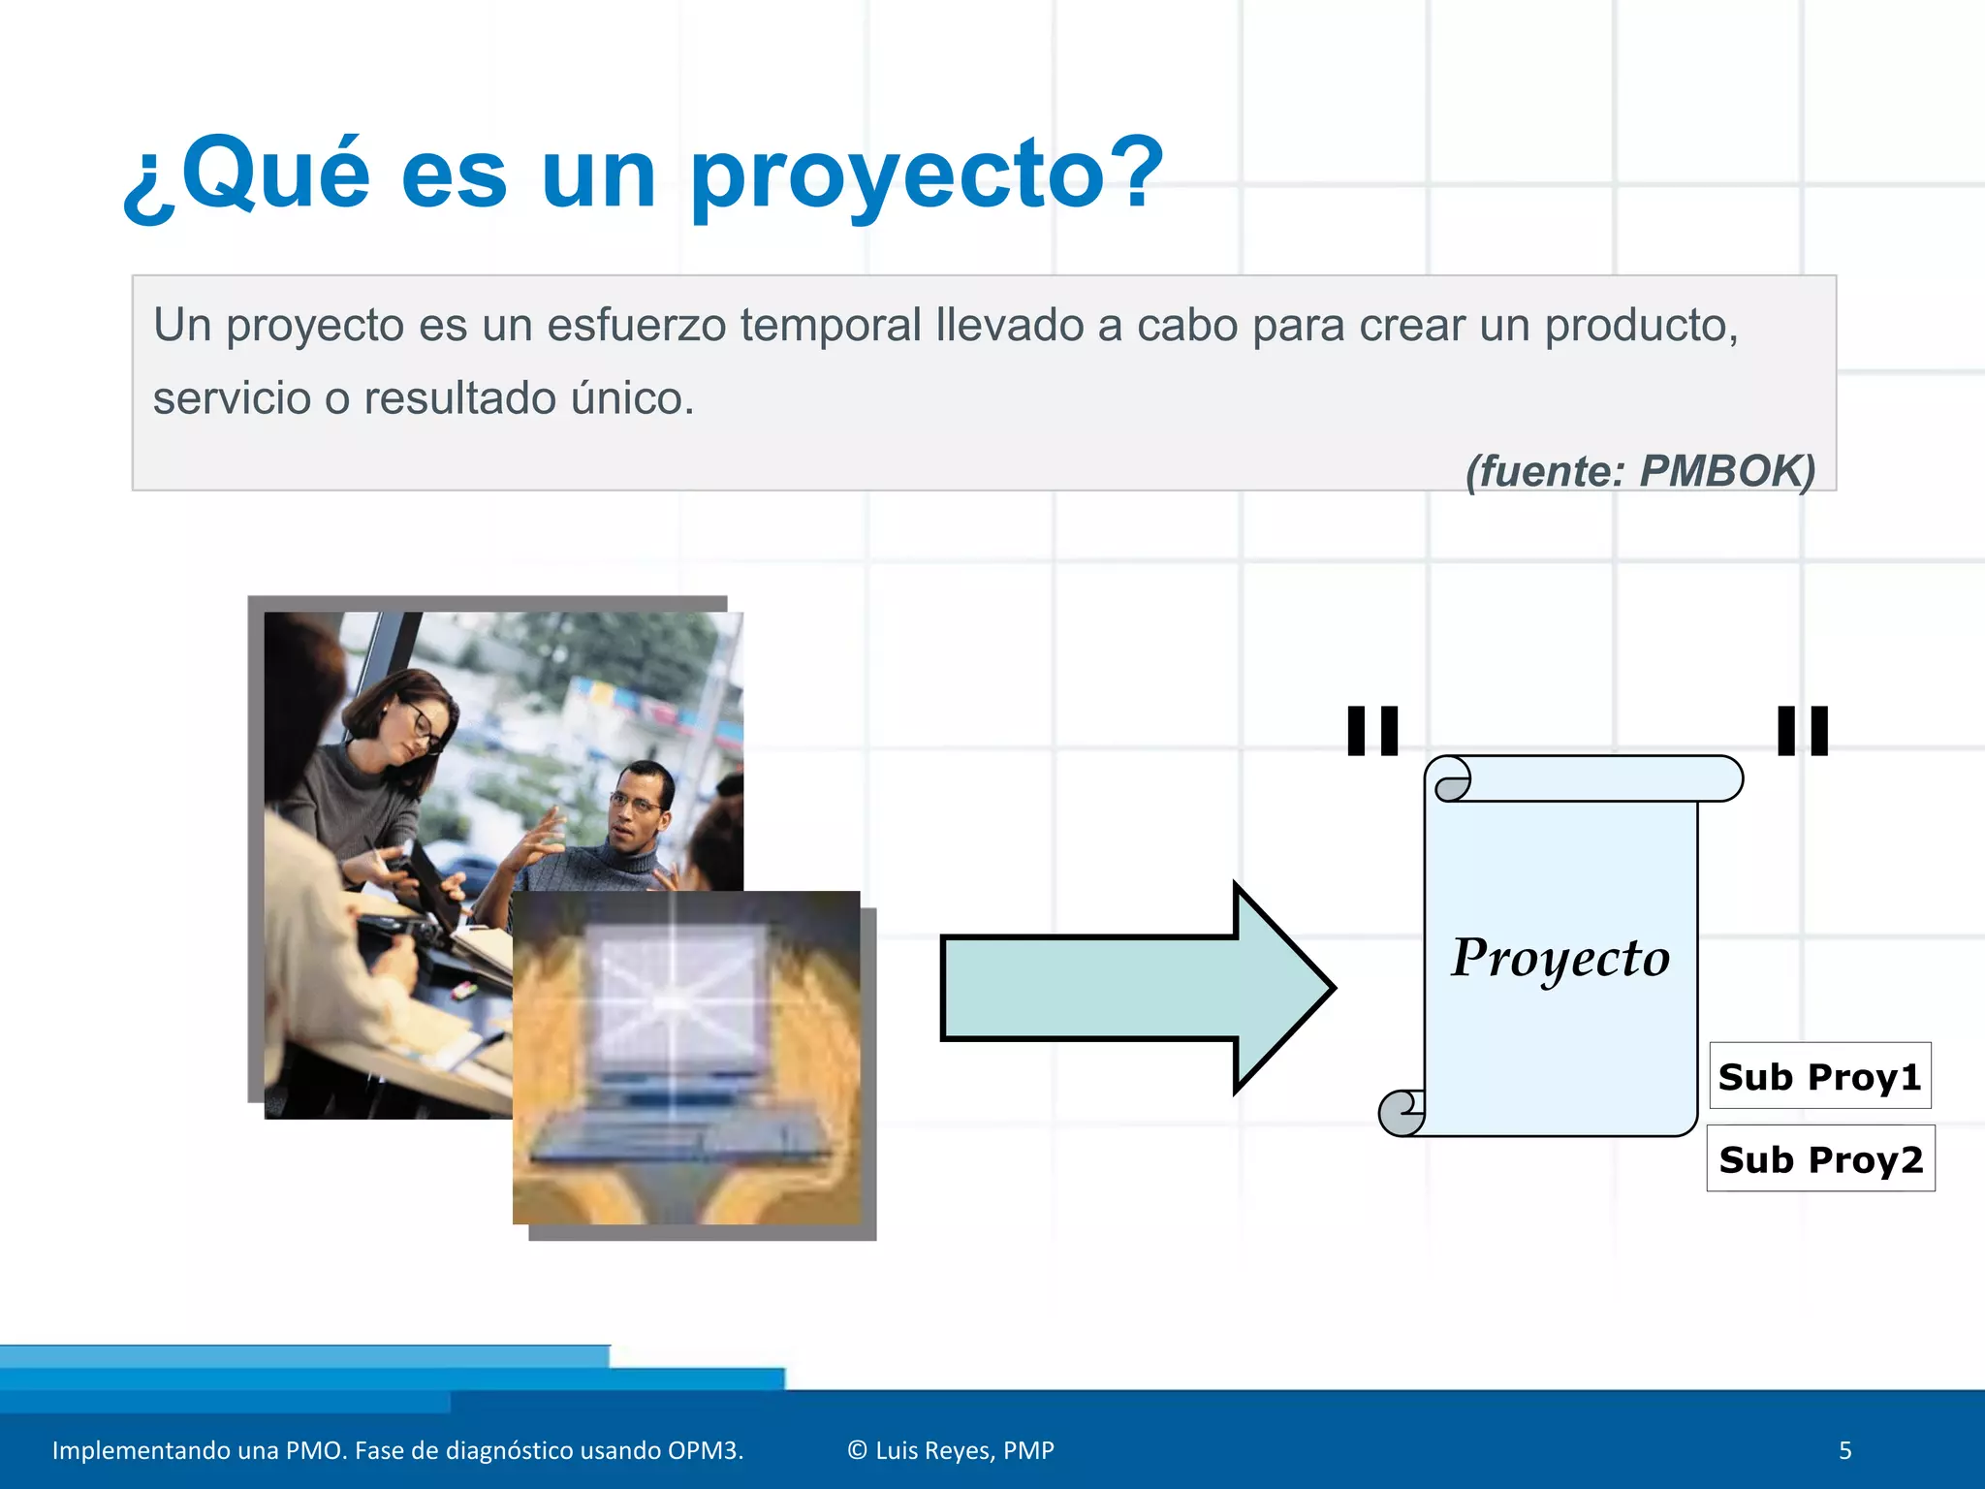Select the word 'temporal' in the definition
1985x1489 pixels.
(x=831, y=326)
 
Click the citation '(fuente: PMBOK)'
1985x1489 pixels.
(x=1639, y=471)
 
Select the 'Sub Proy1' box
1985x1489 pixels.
(x=1819, y=1076)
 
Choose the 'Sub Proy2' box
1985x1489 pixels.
(x=1820, y=1158)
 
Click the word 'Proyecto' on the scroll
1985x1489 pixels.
(x=1560, y=959)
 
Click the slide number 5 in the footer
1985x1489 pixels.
(x=1844, y=1450)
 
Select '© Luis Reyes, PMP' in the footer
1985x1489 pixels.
(x=950, y=1450)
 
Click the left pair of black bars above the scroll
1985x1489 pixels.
(x=1372, y=731)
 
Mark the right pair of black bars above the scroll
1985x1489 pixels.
(x=1803, y=731)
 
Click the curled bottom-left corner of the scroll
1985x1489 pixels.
(x=1402, y=1112)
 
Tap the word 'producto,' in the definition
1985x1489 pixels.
(x=1641, y=326)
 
